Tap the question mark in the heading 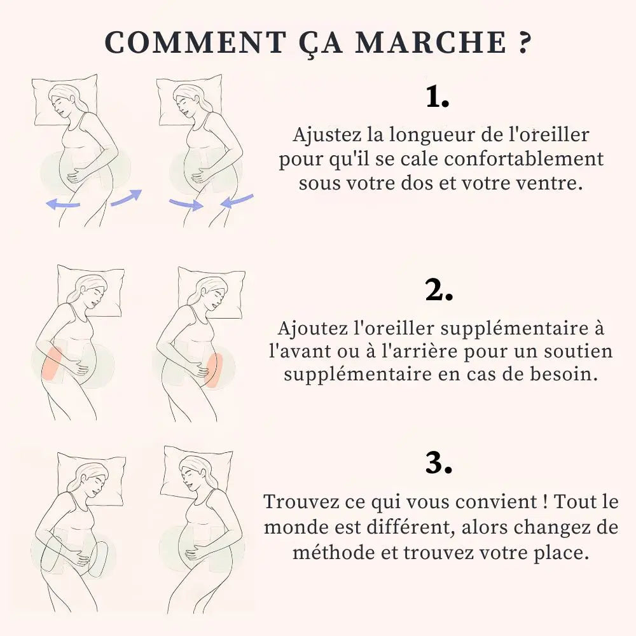tap(520, 43)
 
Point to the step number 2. tap(439, 291)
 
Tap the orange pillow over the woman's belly tap(214, 369)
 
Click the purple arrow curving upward tap(126, 197)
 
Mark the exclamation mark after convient tap(546, 502)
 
